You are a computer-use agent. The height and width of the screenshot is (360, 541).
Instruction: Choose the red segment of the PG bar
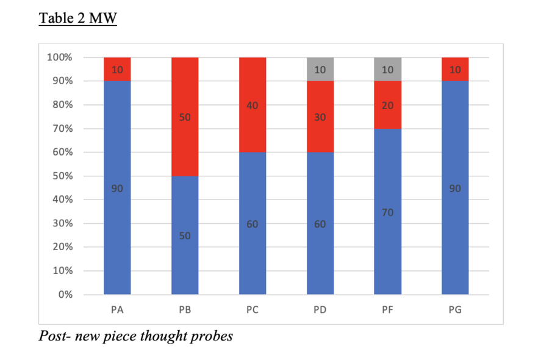click(x=455, y=69)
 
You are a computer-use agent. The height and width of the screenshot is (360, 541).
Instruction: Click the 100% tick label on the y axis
click(x=60, y=57)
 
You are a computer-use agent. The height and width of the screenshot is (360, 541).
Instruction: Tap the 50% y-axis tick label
click(x=62, y=176)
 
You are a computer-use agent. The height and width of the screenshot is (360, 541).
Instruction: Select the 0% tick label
click(x=65, y=295)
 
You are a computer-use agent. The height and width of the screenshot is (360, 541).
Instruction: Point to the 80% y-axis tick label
click(x=62, y=105)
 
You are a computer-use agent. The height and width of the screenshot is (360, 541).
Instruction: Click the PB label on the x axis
click(x=185, y=310)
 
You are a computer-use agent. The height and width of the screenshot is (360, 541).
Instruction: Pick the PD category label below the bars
click(x=320, y=310)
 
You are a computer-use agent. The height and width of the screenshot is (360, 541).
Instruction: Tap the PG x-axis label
click(x=455, y=310)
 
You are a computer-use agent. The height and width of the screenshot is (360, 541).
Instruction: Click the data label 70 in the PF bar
click(x=387, y=212)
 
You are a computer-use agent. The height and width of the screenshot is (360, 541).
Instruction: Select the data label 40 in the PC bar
click(x=253, y=106)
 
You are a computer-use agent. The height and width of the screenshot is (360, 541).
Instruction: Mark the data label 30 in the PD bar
click(x=320, y=117)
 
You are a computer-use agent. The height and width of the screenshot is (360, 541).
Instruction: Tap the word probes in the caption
click(x=210, y=336)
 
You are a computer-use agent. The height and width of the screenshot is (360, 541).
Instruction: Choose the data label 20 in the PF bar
click(x=387, y=106)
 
